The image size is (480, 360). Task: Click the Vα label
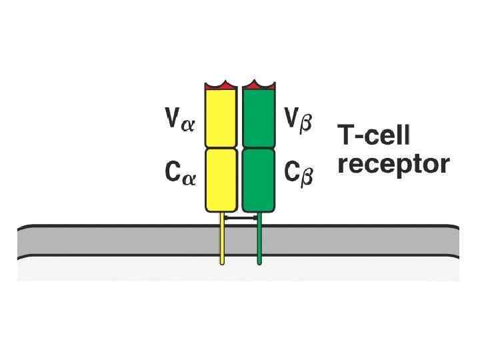(x=180, y=121)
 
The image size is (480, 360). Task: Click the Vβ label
(x=299, y=121)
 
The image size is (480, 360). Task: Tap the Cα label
(x=180, y=174)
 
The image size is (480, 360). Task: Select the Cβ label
(x=299, y=174)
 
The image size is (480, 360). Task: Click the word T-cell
(x=374, y=135)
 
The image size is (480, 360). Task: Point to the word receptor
(x=393, y=164)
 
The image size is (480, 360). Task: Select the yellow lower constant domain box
(x=221, y=179)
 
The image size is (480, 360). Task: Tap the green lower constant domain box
(x=259, y=179)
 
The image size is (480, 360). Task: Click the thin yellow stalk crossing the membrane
(x=222, y=243)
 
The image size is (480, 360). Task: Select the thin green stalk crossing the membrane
(x=259, y=243)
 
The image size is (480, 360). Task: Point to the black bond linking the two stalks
(x=241, y=218)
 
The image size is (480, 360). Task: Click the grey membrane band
(x=100, y=241)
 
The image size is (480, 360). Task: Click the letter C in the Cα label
(x=172, y=173)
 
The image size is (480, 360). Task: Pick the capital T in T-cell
(x=347, y=135)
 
